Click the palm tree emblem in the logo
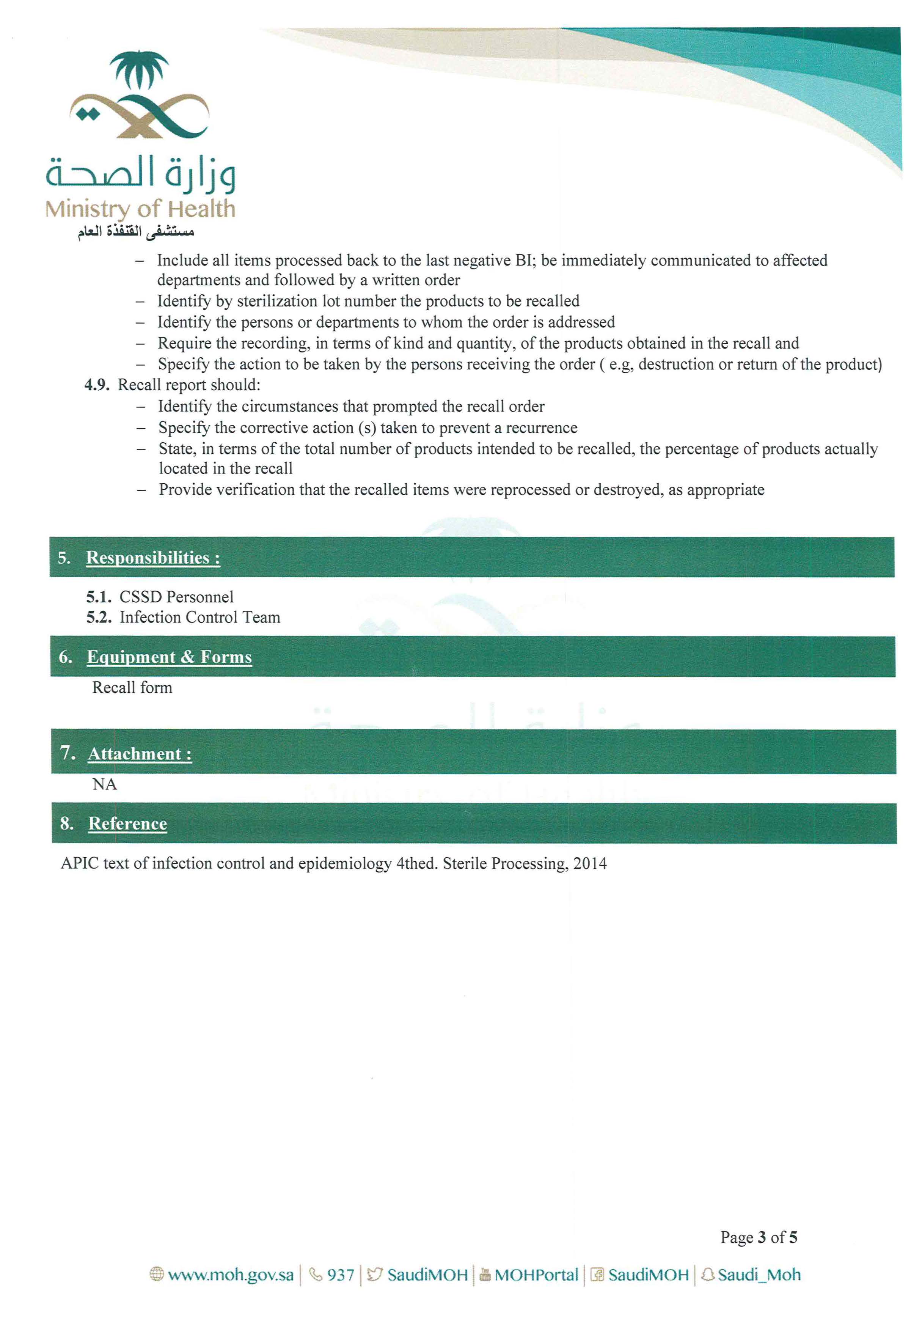click(139, 69)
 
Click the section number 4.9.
click(96, 385)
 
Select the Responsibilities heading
click(153, 558)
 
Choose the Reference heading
click(127, 824)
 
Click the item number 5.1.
click(99, 597)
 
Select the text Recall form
click(132, 688)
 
